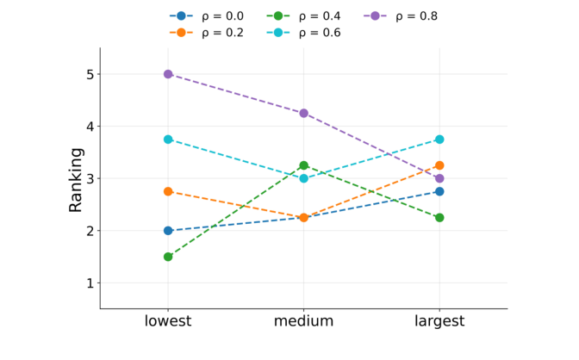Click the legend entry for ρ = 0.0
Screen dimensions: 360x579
point(206,16)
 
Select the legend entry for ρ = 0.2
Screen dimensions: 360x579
point(206,33)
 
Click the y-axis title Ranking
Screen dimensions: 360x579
point(77,179)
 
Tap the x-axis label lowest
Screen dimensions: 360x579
point(168,322)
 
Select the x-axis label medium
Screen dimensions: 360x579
point(303,322)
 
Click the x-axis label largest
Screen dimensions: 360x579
point(439,322)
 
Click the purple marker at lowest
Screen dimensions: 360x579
point(168,74)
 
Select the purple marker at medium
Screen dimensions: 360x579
point(303,113)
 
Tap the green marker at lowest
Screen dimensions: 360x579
point(168,257)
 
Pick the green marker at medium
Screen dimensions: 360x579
point(303,165)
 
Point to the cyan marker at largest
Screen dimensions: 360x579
point(439,140)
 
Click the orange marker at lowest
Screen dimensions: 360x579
point(168,191)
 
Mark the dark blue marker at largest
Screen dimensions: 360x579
point(439,191)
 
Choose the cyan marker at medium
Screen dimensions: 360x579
point(303,178)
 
